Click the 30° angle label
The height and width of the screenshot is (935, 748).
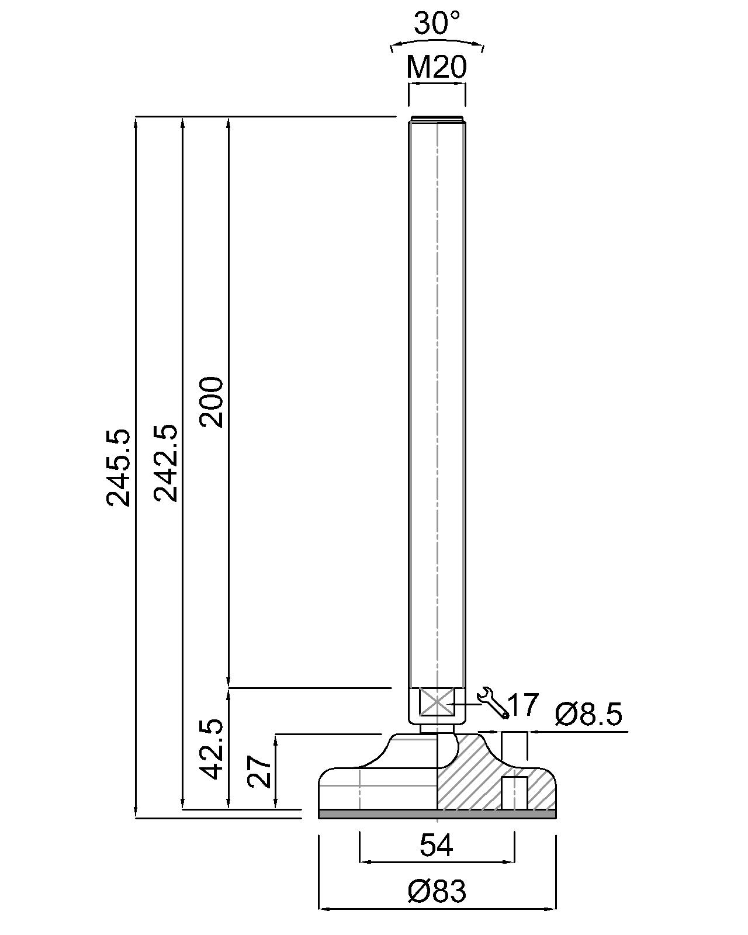[x=437, y=23]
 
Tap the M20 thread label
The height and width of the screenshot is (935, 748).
[x=437, y=67]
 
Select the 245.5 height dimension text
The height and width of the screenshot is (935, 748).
[x=118, y=467]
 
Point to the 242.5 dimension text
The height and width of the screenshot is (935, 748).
[x=166, y=463]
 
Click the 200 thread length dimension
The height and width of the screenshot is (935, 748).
[x=211, y=402]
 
